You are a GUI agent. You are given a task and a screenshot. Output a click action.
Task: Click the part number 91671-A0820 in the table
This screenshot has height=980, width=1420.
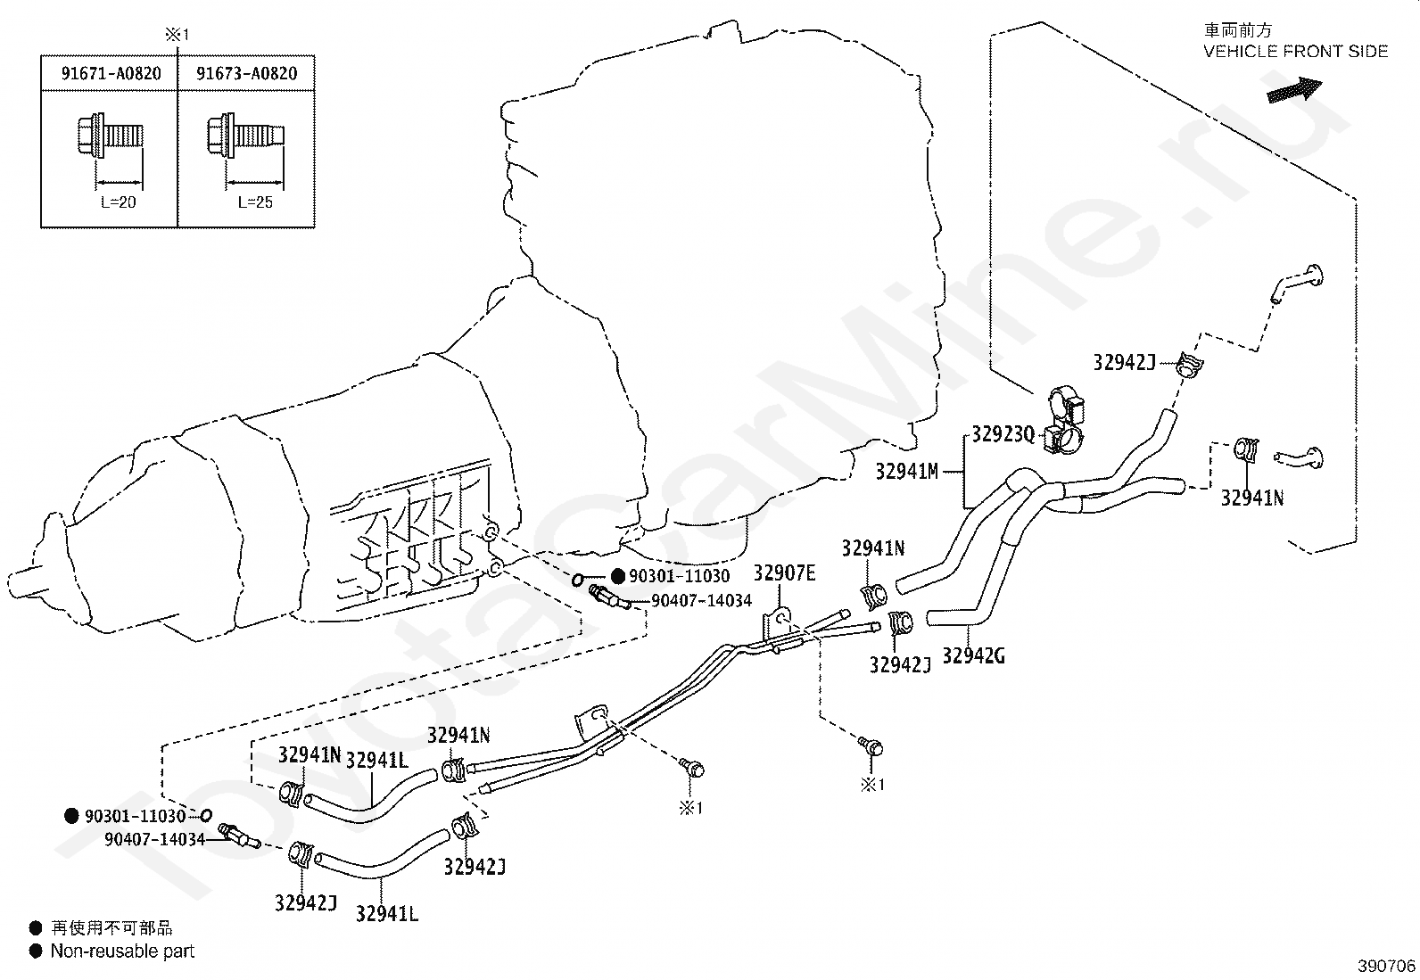[111, 73]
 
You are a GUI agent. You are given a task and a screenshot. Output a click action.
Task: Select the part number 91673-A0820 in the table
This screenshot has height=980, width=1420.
[246, 73]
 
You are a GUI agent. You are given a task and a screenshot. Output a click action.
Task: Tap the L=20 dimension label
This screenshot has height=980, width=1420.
[119, 202]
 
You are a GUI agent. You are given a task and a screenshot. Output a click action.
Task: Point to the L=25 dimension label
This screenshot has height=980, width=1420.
[255, 202]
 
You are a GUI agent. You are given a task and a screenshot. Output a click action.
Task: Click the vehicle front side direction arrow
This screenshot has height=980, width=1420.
[1294, 89]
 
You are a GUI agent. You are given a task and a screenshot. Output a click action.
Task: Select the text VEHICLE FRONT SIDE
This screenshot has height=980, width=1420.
[1296, 52]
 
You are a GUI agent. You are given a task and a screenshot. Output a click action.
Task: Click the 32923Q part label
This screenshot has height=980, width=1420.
[1003, 434]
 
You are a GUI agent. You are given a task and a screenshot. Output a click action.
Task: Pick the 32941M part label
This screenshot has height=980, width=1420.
[906, 472]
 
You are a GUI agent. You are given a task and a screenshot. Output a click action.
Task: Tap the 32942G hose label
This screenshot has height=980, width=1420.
[974, 655]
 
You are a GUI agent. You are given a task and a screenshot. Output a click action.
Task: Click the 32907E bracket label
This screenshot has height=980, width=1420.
[784, 573]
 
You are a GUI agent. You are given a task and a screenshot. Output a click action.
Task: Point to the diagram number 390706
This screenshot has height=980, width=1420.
[1386, 966]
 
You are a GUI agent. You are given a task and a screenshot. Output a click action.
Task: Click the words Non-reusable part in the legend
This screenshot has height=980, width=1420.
[122, 951]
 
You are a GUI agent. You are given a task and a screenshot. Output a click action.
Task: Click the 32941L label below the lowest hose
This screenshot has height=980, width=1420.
[387, 913]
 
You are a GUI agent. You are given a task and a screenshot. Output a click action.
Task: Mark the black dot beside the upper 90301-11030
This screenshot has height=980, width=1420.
[618, 576]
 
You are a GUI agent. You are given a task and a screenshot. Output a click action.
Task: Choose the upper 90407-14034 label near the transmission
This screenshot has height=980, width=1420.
[702, 600]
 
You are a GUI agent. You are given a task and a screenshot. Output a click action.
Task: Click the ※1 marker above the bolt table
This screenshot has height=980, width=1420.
[177, 35]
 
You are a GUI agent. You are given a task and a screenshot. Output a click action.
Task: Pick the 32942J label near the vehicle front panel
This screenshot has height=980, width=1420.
[1125, 363]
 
